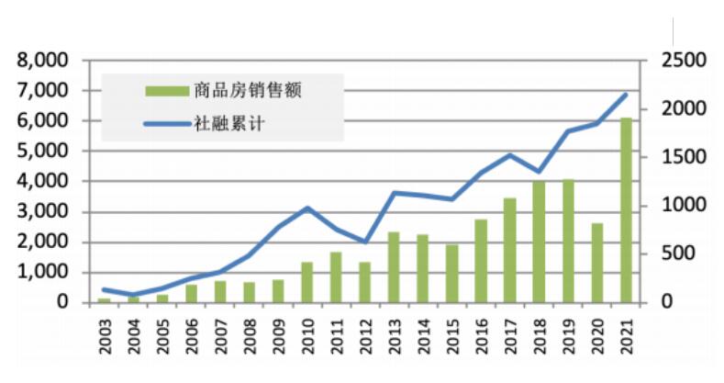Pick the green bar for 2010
(x=307, y=282)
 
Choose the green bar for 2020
(x=596, y=262)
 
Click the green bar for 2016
(x=481, y=260)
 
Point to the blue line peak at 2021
(x=626, y=95)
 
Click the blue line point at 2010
(x=307, y=208)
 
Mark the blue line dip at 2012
(x=365, y=242)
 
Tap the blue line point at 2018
(x=539, y=172)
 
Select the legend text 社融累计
(x=229, y=123)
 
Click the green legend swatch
(x=166, y=90)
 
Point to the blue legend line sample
(x=166, y=123)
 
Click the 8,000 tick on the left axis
(x=44, y=61)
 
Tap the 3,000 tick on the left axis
(x=44, y=212)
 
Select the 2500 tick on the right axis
(x=678, y=61)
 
